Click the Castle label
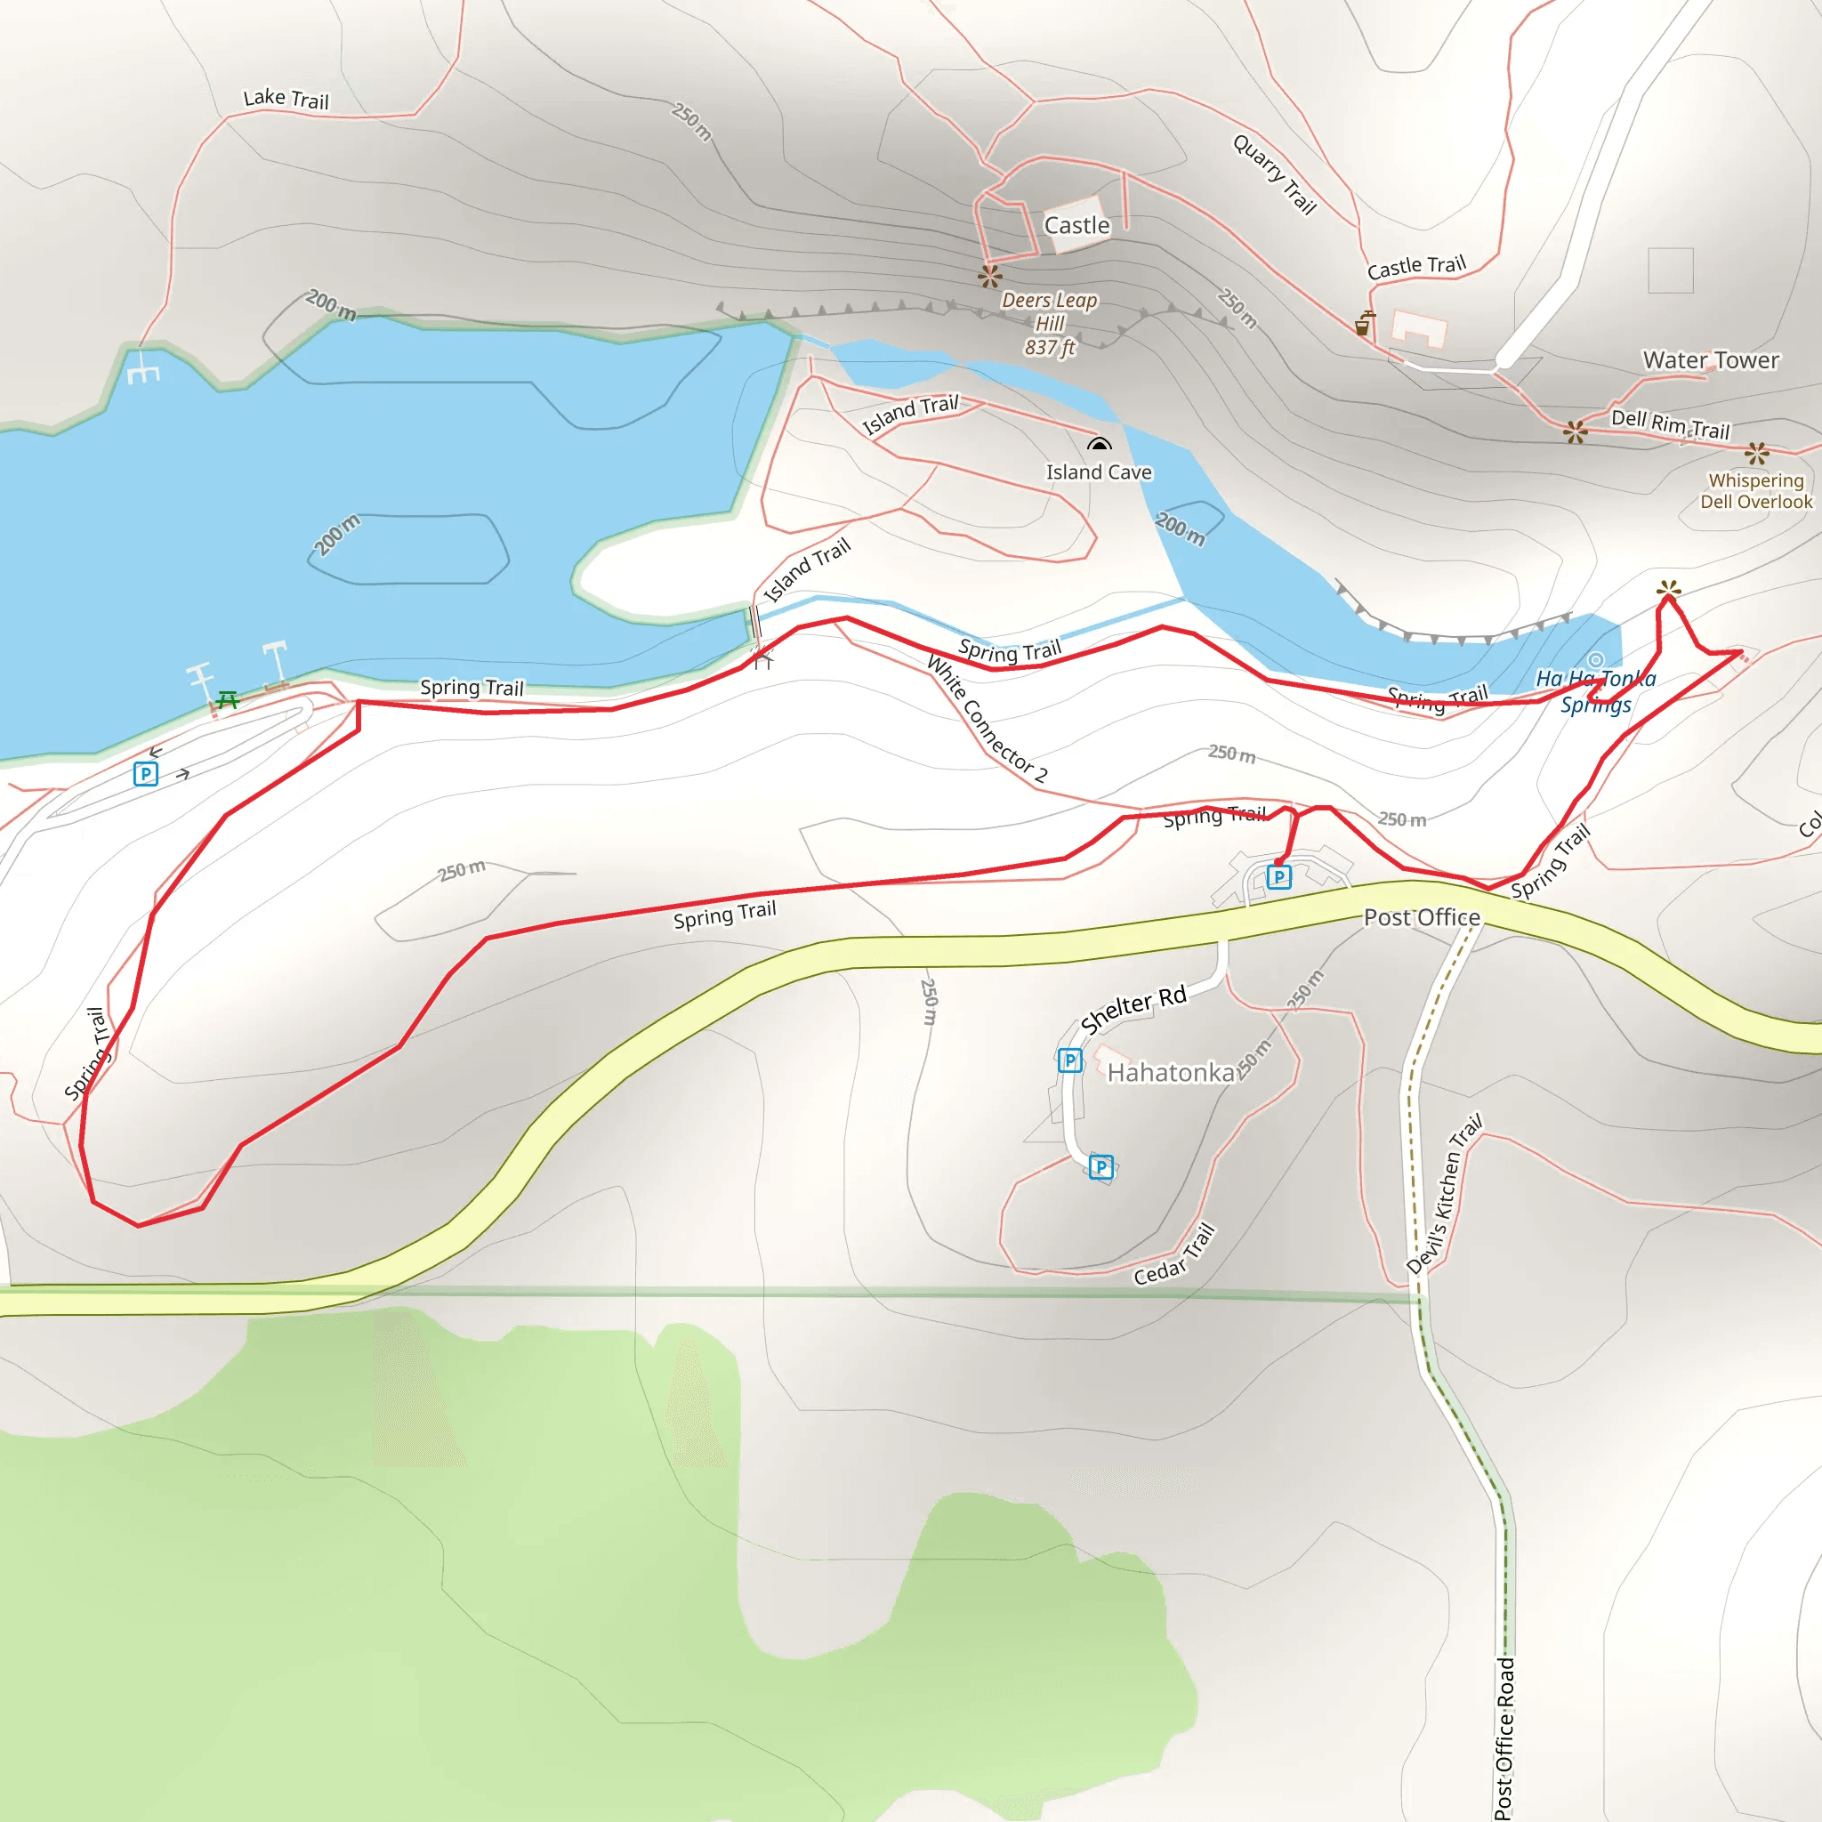1076,225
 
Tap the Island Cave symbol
1099,443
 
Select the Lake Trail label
286,98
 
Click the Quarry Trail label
1274,174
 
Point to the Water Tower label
1711,360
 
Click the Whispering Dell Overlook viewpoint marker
1756,454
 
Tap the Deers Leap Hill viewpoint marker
989,277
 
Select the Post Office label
1421,916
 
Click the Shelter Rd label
1133,1009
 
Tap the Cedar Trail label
1174,1255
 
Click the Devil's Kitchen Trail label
1444,1194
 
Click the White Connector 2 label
987,720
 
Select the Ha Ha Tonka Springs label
1596,691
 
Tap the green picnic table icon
227,700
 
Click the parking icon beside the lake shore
145,774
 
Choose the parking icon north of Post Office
1278,877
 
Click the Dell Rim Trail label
1670,423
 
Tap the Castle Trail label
1416,267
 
